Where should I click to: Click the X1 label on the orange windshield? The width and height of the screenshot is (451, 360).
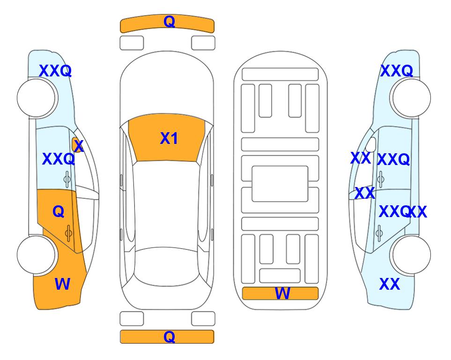pyautogui.click(x=169, y=138)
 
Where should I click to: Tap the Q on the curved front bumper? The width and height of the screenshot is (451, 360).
pyautogui.click(x=169, y=22)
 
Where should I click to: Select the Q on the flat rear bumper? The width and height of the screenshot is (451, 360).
pyautogui.click(x=169, y=337)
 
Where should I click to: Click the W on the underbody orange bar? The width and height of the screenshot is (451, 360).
pyautogui.click(x=282, y=293)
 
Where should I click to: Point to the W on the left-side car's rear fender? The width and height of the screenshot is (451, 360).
pyautogui.click(x=62, y=284)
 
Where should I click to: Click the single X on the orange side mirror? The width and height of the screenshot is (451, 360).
pyautogui.click(x=79, y=146)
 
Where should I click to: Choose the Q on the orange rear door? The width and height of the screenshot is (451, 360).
pyautogui.click(x=59, y=212)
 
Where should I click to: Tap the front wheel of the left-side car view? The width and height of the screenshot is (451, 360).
pyautogui.click(x=36, y=98)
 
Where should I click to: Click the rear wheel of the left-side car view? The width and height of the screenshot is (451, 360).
pyautogui.click(x=36, y=255)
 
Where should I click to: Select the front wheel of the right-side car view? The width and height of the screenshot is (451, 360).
pyautogui.click(x=412, y=98)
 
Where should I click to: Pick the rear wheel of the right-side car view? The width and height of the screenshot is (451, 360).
pyautogui.click(x=412, y=255)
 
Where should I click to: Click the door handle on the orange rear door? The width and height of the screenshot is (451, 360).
pyautogui.click(x=68, y=233)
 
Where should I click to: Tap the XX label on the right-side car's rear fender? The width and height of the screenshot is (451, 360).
pyautogui.click(x=390, y=284)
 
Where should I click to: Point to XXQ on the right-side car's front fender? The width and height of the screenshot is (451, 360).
pyautogui.click(x=397, y=71)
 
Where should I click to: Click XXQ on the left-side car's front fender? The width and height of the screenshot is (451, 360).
pyautogui.click(x=55, y=71)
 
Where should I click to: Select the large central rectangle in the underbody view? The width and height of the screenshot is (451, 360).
pyautogui.click(x=280, y=184)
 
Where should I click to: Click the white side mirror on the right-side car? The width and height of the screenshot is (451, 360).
pyautogui.click(x=371, y=144)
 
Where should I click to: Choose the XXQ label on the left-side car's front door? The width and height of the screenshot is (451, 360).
pyautogui.click(x=59, y=159)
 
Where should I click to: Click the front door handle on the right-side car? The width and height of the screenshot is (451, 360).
pyautogui.click(x=380, y=179)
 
